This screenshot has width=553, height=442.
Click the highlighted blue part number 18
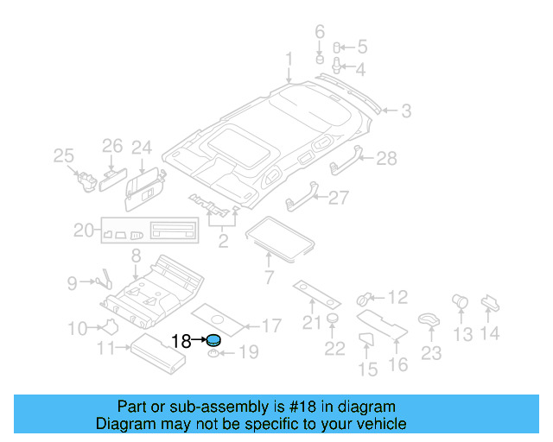[213, 340]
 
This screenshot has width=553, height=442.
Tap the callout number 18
[181, 341]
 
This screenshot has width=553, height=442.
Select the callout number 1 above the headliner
[289, 59]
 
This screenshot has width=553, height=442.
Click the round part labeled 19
[214, 354]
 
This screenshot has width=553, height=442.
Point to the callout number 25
[63, 155]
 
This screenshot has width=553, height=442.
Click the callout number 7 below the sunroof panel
[268, 278]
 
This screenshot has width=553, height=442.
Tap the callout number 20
[83, 230]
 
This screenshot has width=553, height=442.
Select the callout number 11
[106, 348]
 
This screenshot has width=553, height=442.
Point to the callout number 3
[404, 110]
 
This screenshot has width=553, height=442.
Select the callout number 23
[430, 352]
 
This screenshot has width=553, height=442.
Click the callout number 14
[490, 333]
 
